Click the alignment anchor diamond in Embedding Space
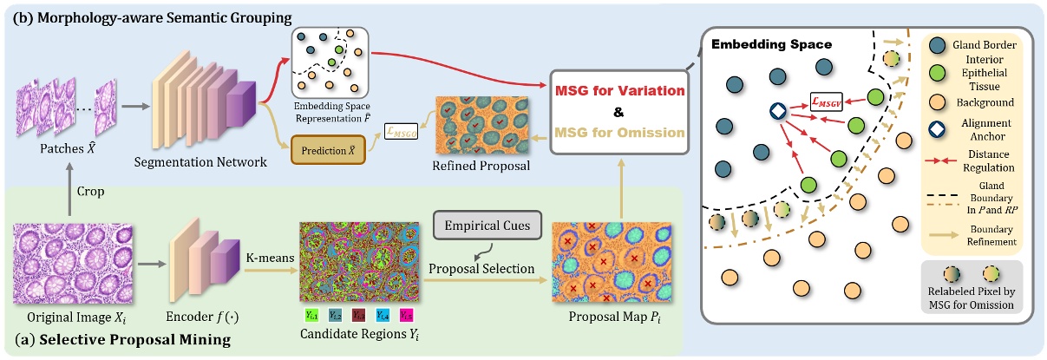click(x=778, y=111)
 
